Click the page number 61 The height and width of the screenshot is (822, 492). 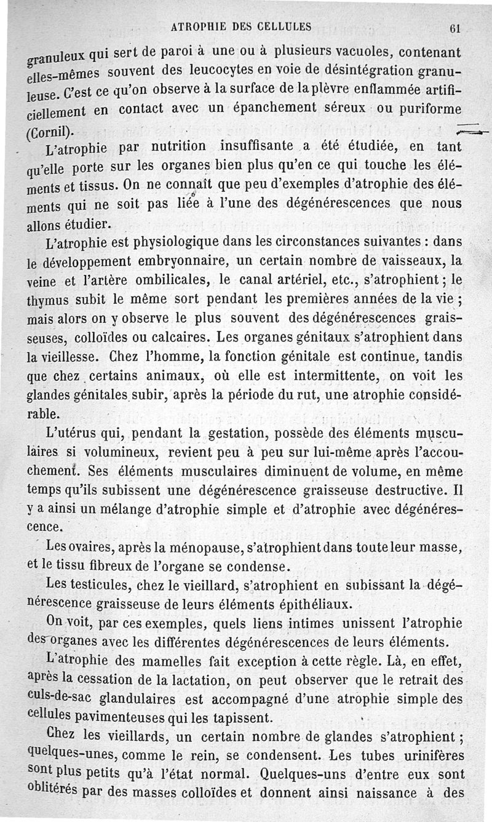coord(455,28)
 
